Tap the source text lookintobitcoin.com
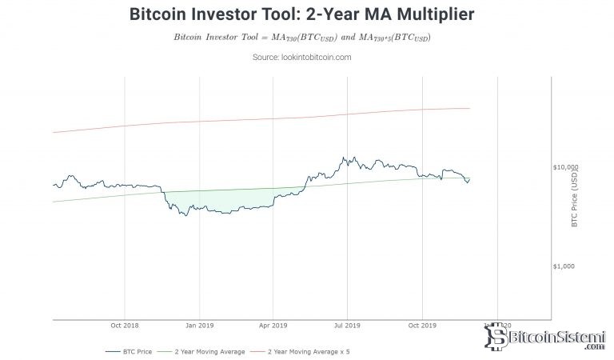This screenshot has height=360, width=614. tap(307, 57)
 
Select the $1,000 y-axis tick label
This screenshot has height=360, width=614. tap(566, 266)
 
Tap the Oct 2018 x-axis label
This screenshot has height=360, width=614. tap(125, 326)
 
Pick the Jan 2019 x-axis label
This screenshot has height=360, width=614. tap(199, 326)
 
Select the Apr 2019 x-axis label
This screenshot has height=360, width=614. tap(273, 326)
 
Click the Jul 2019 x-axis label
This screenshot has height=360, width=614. tap(347, 326)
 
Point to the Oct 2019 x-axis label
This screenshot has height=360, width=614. tap(421, 326)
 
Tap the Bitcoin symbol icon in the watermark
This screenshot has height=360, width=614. tap(504, 339)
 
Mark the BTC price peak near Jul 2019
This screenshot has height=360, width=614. tap(343, 158)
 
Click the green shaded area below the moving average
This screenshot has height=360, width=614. tap(216, 201)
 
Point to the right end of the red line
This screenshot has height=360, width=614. tap(468, 108)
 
